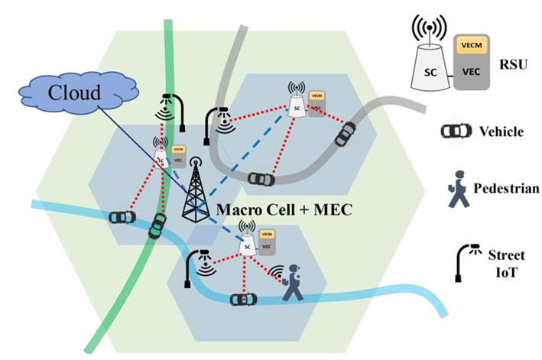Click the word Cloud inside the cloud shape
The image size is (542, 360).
point(74,93)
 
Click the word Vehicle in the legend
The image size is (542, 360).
point(501,131)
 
